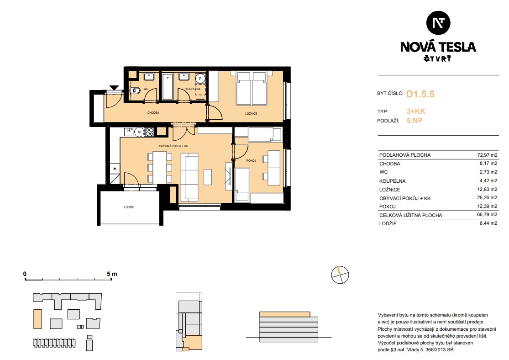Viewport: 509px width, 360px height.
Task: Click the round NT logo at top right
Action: (x=438, y=23)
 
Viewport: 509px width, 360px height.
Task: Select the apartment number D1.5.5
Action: (x=420, y=94)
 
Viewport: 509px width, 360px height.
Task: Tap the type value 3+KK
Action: (x=416, y=111)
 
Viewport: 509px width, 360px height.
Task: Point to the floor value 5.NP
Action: (x=415, y=121)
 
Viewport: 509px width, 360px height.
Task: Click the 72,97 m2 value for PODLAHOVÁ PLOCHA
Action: (x=487, y=155)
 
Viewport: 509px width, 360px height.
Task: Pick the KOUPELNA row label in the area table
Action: (x=392, y=181)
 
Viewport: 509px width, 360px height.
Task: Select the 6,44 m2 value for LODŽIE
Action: (x=488, y=223)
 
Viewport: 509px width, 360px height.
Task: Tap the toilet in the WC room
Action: (x=136, y=91)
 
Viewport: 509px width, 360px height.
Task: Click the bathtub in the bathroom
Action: (x=168, y=87)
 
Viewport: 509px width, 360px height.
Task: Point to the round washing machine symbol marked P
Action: (x=200, y=79)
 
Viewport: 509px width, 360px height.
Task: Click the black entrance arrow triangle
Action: (x=114, y=88)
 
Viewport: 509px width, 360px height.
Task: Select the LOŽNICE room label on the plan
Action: (x=251, y=114)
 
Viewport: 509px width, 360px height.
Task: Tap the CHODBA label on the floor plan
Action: (x=153, y=113)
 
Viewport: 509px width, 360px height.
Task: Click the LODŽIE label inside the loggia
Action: (x=129, y=207)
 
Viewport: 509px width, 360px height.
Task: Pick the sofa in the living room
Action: (x=189, y=177)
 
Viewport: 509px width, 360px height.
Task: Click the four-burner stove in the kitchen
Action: (x=149, y=132)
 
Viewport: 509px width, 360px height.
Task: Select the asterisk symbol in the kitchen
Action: (x=115, y=169)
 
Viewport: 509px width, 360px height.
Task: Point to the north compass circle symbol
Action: (x=340, y=275)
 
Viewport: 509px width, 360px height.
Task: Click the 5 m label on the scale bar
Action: (x=112, y=274)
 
